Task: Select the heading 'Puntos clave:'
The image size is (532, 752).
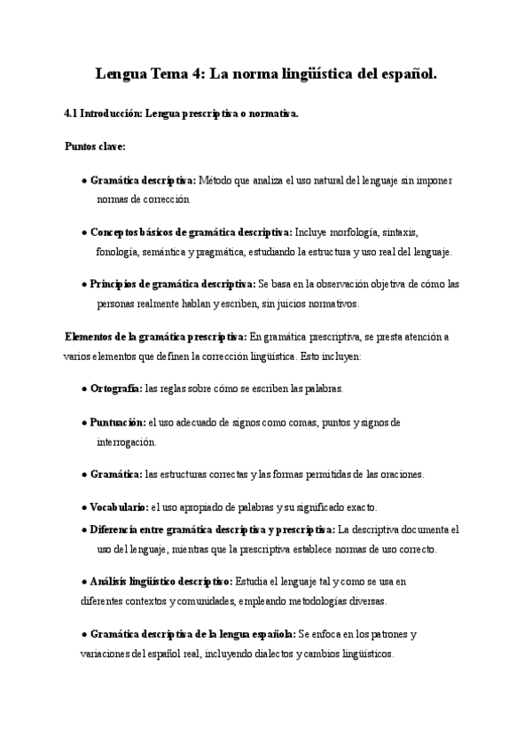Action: (x=95, y=146)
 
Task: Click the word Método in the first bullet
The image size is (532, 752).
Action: (x=216, y=180)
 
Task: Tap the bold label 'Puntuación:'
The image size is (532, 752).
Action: (x=118, y=422)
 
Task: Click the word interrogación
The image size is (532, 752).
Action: (x=126, y=441)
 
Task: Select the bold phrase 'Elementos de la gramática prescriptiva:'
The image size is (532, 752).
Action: (x=156, y=337)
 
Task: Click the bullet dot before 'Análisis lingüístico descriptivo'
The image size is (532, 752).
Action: (x=83, y=583)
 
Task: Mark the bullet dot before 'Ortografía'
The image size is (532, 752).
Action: (x=83, y=388)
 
